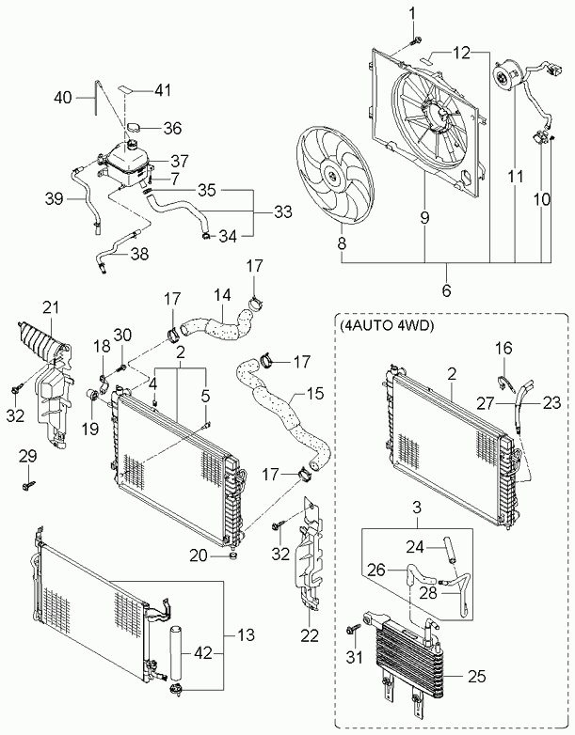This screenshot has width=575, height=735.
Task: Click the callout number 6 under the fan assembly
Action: click(x=446, y=290)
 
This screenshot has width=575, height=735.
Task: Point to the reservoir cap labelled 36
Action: click(x=134, y=127)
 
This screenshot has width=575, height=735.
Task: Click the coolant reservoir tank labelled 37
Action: click(x=128, y=163)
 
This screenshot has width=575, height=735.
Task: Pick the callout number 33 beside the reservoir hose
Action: click(x=283, y=211)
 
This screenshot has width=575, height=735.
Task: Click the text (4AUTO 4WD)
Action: click(x=385, y=326)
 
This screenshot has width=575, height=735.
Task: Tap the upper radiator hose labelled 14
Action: click(x=216, y=323)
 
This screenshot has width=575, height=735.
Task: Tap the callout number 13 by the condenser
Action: click(x=246, y=635)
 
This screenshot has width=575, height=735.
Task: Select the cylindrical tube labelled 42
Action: click(x=176, y=653)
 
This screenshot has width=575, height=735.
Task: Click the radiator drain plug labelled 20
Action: click(x=232, y=555)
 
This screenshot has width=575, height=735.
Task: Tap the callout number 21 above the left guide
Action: click(x=51, y=308)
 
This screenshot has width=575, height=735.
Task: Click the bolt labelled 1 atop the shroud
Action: click(x=415, y=41)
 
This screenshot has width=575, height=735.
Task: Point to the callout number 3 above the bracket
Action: click(x=417, y=508)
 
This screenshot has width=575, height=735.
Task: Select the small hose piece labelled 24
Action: click(x=449, y=550)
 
